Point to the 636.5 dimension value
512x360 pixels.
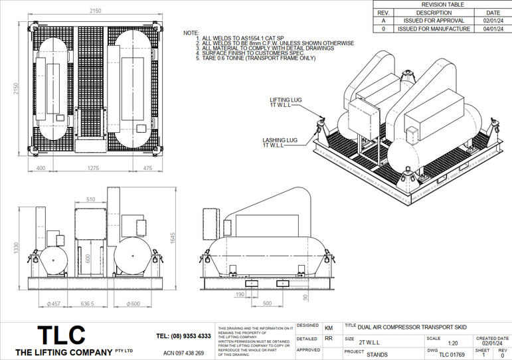[88, 304]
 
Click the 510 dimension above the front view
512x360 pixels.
[91, 198]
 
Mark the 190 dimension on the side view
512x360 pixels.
[240, 293]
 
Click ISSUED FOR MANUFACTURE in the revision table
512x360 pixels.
[434, 29]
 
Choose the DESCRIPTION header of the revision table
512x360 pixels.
[434, 13]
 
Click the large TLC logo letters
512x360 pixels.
[61, 334]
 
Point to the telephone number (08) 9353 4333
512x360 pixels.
[183, 336]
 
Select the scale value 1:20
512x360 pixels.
[453, 343]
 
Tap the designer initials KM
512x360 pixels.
[329, 328]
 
